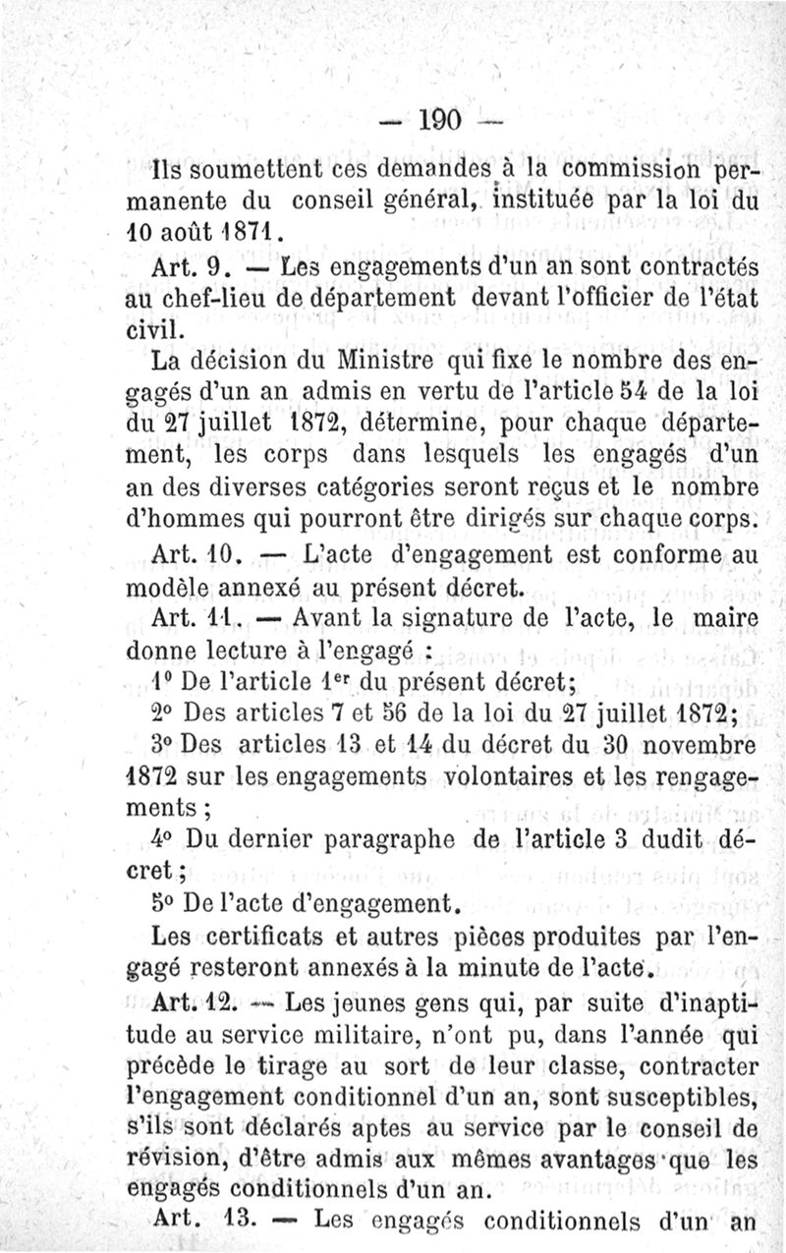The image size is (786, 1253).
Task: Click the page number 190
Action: pyautogui.click(x=439, y=121)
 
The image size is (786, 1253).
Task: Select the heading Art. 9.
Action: pyautogui.click(x=191, y=266)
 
